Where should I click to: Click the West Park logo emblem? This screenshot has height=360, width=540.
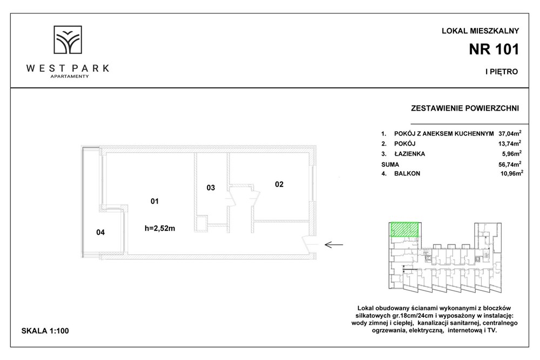point(67,39)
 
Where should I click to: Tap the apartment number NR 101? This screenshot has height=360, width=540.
point(494,50)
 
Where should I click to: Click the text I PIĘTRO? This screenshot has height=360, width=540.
point(502,72)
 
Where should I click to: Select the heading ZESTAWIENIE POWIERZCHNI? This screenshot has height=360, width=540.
point(465,108)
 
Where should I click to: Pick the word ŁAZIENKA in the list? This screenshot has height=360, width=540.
point(409,154)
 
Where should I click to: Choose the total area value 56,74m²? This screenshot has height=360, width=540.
point(510,164)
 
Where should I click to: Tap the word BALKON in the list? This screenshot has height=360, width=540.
point(407,173)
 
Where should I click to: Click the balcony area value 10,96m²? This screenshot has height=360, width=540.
point(512,173)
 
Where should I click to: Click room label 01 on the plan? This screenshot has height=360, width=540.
point(154,201)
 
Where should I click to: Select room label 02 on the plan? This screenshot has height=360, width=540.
point(279,185)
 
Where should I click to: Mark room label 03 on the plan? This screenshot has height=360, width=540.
point(211,188)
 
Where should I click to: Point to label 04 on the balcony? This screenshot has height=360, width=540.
point(100,232)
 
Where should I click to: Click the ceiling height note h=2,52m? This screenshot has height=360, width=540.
point(160,228)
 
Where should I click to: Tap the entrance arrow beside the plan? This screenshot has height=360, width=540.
point(334,244)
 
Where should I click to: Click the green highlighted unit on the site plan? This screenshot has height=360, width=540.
point(404,229)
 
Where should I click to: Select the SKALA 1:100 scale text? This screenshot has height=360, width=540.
point(45,331)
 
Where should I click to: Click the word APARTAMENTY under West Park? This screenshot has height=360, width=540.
point(70,77)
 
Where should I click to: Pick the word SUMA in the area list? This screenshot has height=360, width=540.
point(390,165)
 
